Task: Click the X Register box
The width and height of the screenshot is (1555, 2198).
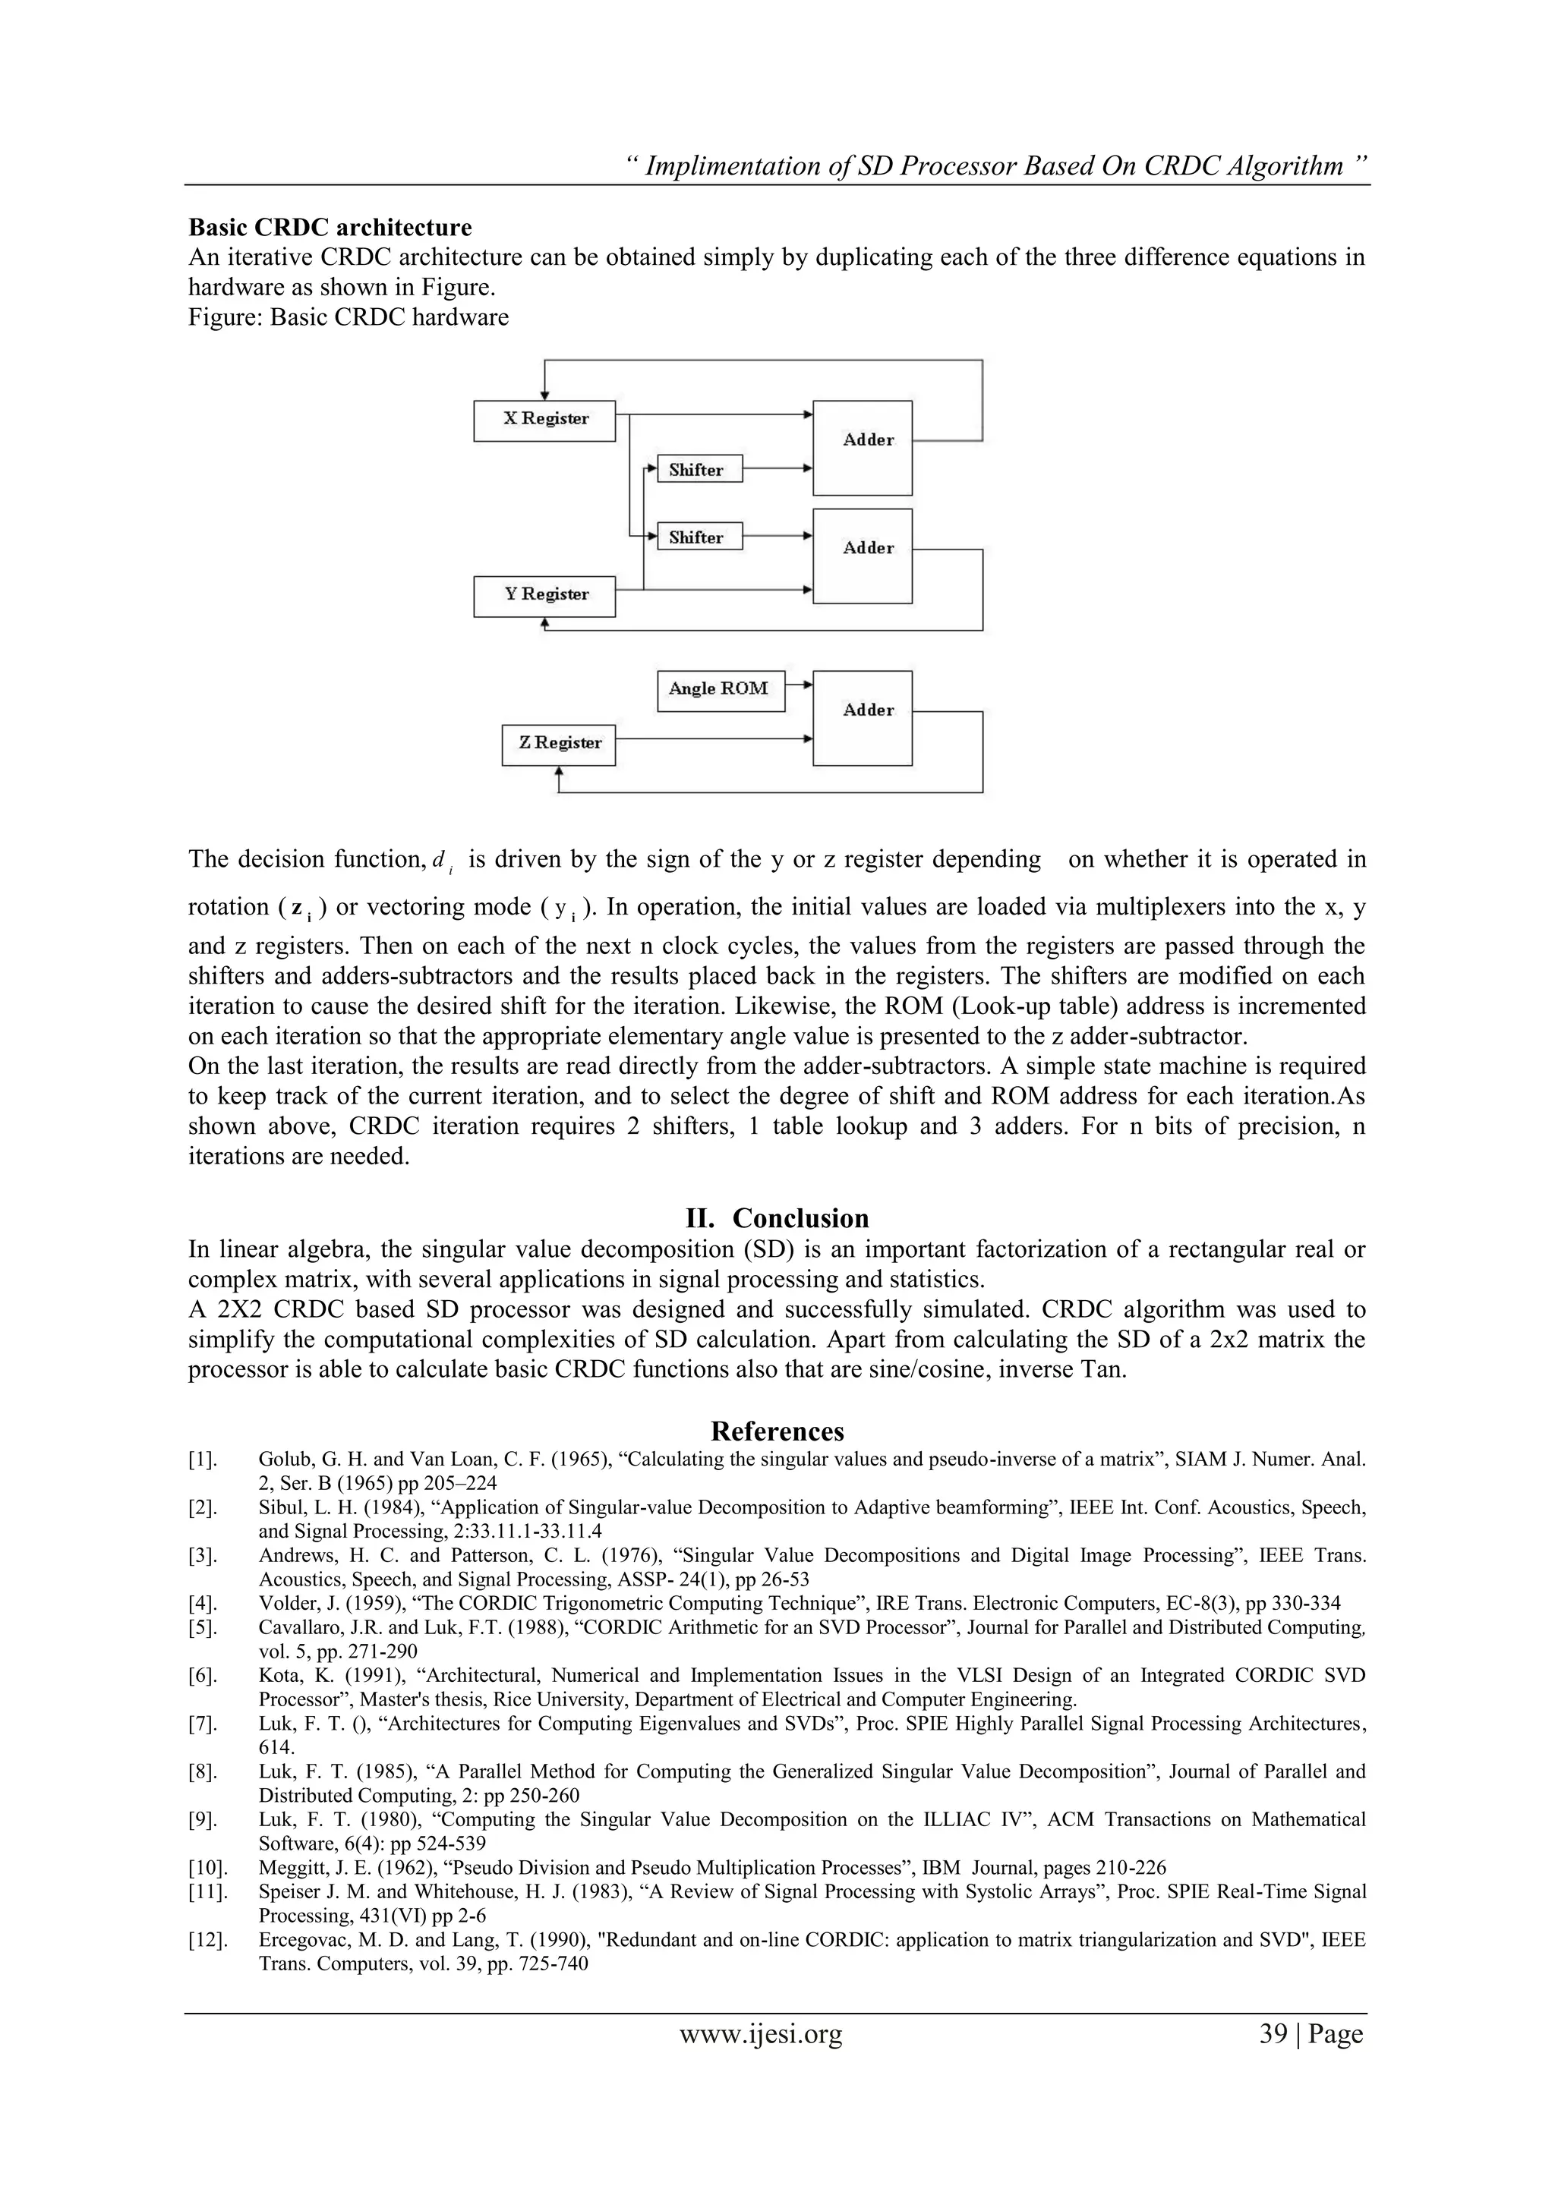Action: tap(544, 420)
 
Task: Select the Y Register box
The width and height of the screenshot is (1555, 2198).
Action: tap(544, 596)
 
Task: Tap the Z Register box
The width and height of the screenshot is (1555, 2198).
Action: tap(558, 745)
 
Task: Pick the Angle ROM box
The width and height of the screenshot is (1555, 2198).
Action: tap(720, 690)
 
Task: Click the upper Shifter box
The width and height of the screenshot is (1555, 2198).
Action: tap(699, 469)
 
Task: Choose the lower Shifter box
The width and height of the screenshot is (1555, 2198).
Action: tap(699, 537)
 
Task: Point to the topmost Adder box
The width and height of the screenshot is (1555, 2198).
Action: tap(862, 447)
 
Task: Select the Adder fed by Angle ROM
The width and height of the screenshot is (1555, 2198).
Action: tap(862, 717)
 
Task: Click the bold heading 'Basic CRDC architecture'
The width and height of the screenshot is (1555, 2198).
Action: tap(330, 228)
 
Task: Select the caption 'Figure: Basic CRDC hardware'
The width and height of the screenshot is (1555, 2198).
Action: tap(349, 316)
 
